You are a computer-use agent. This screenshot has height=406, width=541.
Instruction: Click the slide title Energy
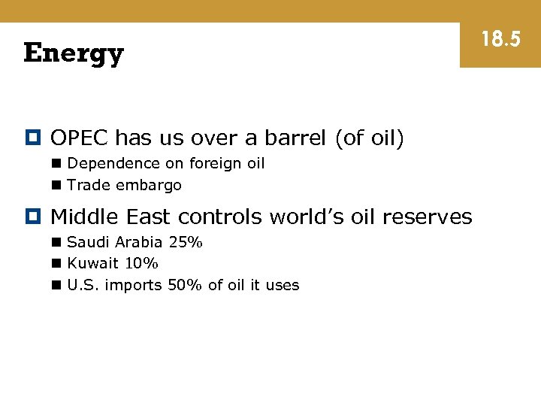pyautogui.click(x=74, y=54)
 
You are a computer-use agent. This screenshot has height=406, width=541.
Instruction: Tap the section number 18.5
pyautogui.click(x=500, y=39)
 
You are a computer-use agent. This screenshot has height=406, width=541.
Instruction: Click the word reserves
pyautogui.click(x=427, y=217)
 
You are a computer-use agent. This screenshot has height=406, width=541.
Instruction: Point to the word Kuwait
pyautogui.click(x=93, y=263)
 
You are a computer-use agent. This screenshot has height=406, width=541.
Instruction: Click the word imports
pyautogui.click(x=134, y=285)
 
